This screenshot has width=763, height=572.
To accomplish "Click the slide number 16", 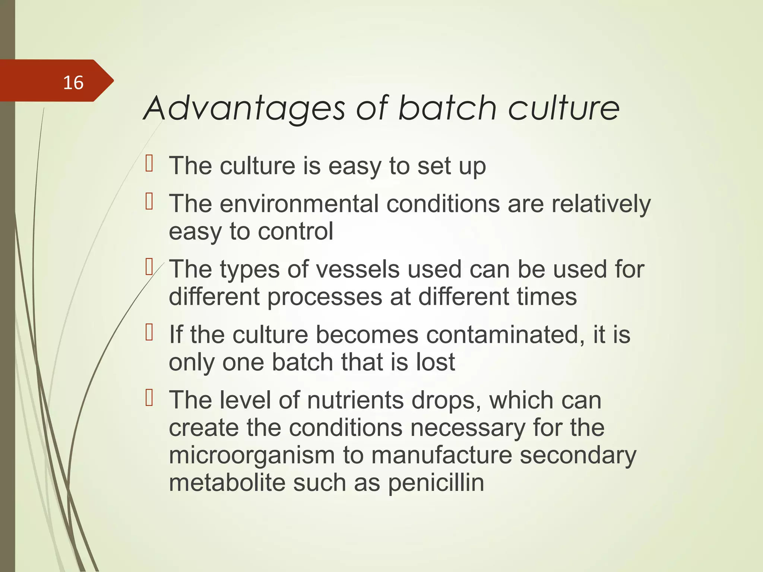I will click(x=73, y=83).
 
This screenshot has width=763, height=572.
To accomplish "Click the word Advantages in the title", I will click(x=244, y=108).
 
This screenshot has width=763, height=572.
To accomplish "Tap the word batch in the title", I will click(x=447, y=108).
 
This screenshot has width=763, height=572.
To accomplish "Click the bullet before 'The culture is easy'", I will click(x=149, y=164).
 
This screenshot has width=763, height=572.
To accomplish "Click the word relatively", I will click(x=601, y=204).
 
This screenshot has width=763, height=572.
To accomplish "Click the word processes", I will click(x=324, y=297).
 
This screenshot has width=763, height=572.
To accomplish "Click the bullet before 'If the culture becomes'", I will click(x=149, y=333).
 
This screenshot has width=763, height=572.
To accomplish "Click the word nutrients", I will click(x=355, y=400).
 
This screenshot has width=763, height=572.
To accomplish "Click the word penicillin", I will click(x=436, y=483).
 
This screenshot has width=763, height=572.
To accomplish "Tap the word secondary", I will click(x=578, y=455).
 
